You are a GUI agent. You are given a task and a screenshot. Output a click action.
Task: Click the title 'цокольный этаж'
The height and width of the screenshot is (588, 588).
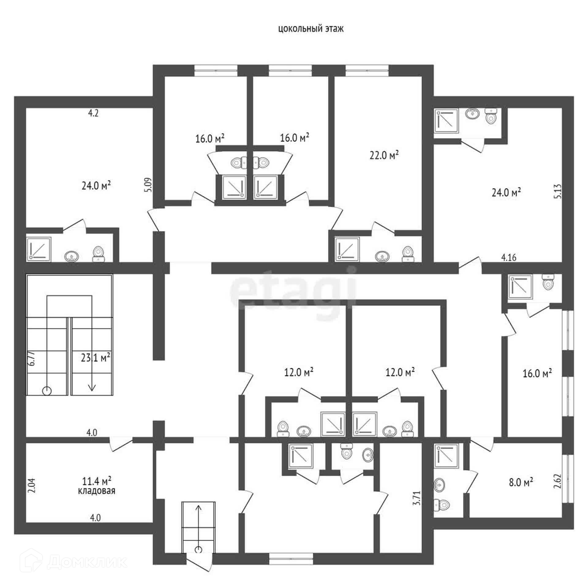pos(311,29)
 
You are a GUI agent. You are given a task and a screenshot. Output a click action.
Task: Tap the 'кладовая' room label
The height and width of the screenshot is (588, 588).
pos(96,491)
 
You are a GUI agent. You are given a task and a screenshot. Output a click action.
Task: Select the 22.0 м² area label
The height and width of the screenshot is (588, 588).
pos(384,155)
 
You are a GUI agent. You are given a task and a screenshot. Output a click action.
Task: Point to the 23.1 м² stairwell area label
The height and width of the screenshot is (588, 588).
pos(95,357)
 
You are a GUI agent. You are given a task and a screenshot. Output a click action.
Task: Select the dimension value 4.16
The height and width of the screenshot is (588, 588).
pos(509,258)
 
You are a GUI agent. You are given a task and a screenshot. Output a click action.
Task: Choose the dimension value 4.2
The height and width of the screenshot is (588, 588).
pos(93,113)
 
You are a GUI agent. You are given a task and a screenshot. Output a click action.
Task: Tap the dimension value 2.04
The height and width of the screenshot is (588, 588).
pos(33,485)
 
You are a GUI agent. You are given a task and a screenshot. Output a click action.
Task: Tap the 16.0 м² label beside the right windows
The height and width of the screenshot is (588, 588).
pos(537,373)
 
